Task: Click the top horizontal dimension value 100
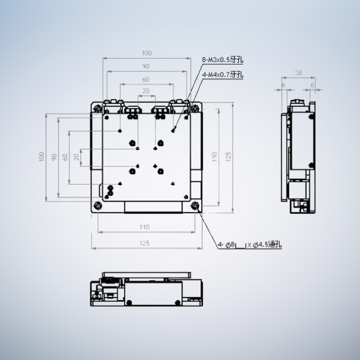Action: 146,53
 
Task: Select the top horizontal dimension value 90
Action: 146,67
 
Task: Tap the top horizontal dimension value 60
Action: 146,79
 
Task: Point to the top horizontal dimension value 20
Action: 146,91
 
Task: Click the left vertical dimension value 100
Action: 42,157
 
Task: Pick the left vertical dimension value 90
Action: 54,157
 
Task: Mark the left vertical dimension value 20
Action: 77,157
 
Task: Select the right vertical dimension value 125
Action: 228,157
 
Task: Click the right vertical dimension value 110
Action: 215,157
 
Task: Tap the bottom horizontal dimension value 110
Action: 144,227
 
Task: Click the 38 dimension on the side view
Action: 298,73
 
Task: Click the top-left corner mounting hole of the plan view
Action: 98,109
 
